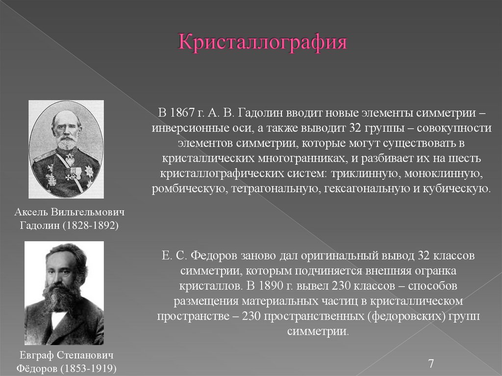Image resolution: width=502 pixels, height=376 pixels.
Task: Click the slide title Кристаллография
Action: click(263, 43)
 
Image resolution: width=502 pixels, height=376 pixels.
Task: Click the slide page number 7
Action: click(431, 363)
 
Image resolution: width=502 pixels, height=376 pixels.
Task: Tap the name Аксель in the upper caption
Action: click(31, 212)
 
